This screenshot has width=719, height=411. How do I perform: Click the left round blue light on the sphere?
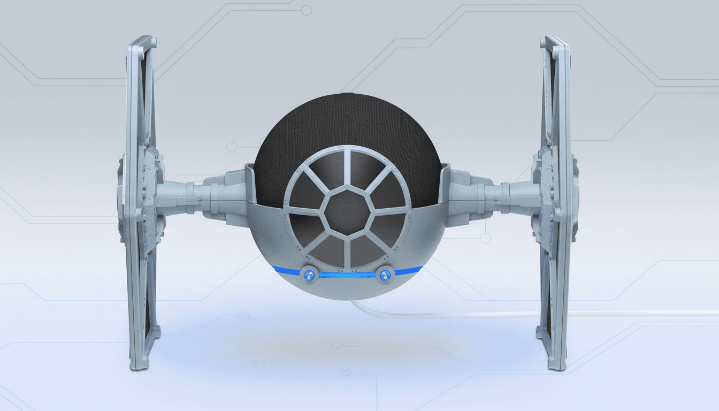pyautogui.click(x=309, y=275)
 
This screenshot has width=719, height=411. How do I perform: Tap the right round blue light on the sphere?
pyautogui.click(x=385, y=275)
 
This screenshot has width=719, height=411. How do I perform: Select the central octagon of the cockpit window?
pyautogui.click(x=347, y=211)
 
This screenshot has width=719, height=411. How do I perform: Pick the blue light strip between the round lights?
pyautogui.click(x=347, y=275)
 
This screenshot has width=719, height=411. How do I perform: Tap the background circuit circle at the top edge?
pyautogui.click(x=307, y=10)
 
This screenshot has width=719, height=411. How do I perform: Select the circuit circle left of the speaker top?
pyautogui.click(x=232, y=147)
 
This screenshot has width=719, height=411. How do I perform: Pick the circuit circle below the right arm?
pyautogui.click(x=485, y=238)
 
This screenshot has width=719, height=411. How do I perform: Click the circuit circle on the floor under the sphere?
pyautogui.click(x=336, y=346)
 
